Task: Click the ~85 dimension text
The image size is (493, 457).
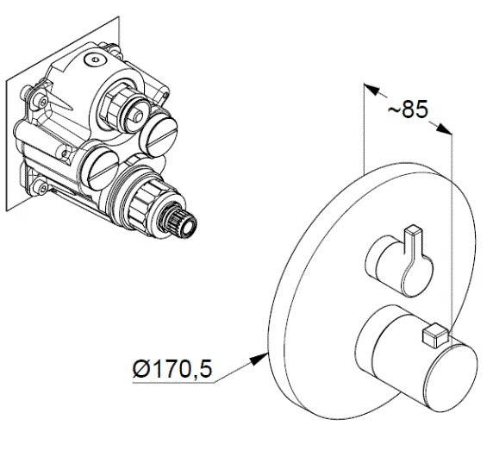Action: coord(409,110)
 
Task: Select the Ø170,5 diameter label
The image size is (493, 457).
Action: coord(172,369)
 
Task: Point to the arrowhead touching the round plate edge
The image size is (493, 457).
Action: coord(259,360)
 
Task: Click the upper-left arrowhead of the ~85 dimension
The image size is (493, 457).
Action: coord(371,89)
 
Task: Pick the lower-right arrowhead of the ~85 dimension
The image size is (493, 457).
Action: coord(444,129)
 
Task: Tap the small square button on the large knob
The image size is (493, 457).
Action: coord(435,335)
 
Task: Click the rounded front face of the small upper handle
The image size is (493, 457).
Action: coord(417,276)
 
